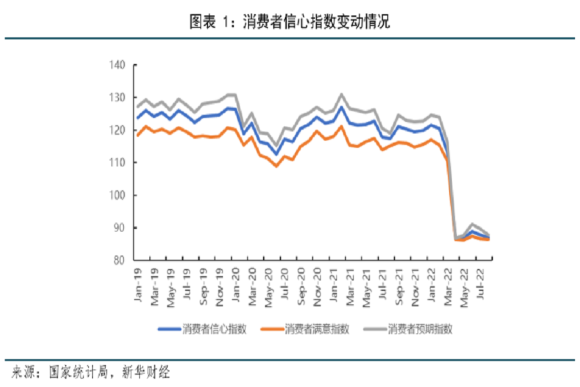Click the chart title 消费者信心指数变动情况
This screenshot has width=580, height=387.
tap(316, 22)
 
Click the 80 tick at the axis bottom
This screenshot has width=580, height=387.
tap(119, 261)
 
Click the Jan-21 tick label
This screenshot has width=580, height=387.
tap(335, 279)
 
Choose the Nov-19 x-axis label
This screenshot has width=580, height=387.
tap(220, 279)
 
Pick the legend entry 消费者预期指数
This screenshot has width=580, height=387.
tap(420, 329)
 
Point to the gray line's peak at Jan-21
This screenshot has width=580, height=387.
tap(342, 94)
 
